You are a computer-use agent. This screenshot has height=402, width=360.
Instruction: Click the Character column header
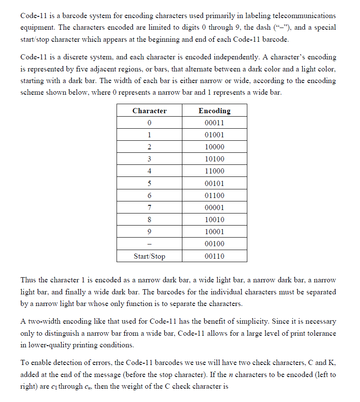coord(149,111)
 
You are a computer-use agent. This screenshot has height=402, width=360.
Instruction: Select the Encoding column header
coord(214,111)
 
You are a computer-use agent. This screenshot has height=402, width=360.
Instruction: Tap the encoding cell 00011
coord(214,123)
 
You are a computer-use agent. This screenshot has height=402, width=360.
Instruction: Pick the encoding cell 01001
coord(214,135)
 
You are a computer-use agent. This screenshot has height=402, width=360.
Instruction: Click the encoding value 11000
coord(214,171)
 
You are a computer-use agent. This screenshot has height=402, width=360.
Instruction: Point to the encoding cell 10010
coord(214,220)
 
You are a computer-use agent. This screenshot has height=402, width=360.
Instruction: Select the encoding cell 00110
coord(214,257)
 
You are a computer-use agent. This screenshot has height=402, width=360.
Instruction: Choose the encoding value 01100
coord(214,195)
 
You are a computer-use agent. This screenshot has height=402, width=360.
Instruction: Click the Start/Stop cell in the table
coord(149,257)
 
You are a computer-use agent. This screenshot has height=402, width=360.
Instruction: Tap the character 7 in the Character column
coord(149,207)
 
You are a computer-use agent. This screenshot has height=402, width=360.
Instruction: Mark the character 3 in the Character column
coord(149,159)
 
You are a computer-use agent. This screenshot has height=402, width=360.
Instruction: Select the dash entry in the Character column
coord(149,244)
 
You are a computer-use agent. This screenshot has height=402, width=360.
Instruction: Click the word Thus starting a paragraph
coord(28,280)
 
